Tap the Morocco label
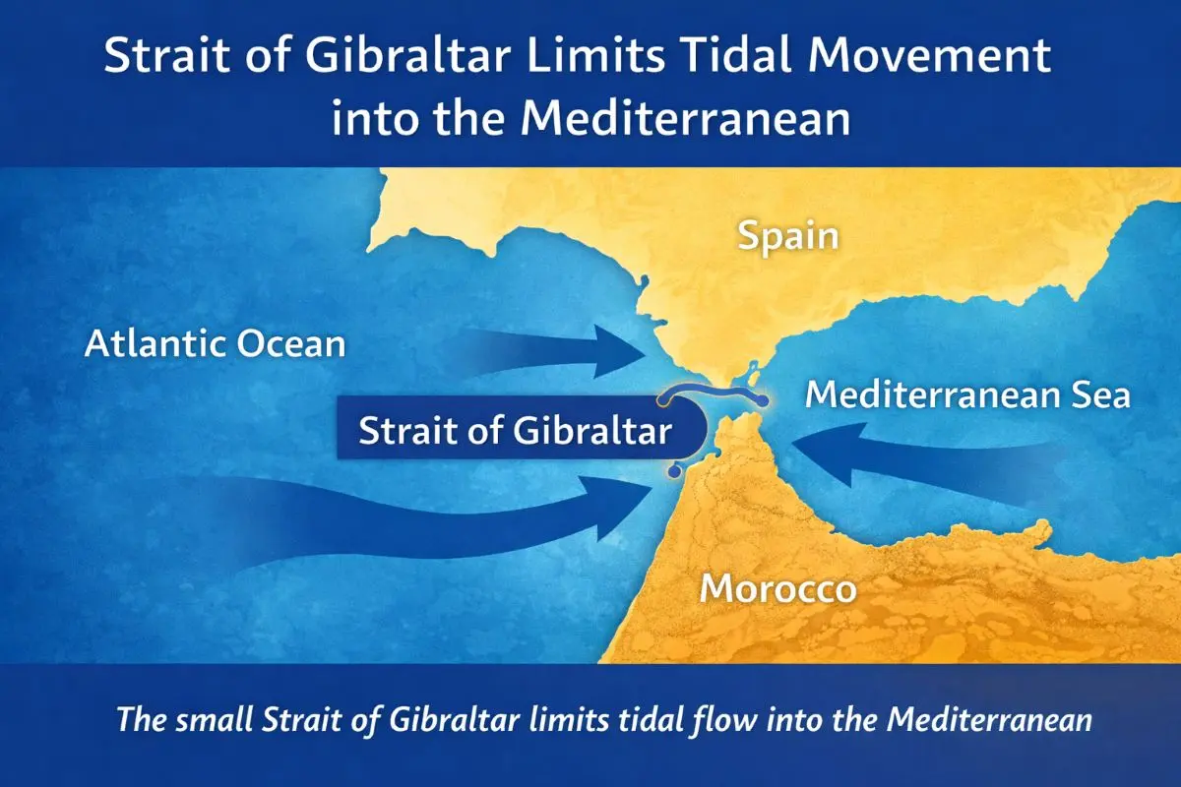777,589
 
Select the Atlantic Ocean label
215,344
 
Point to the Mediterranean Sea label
968,395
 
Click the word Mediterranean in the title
686,120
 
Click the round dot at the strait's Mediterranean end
764,399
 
